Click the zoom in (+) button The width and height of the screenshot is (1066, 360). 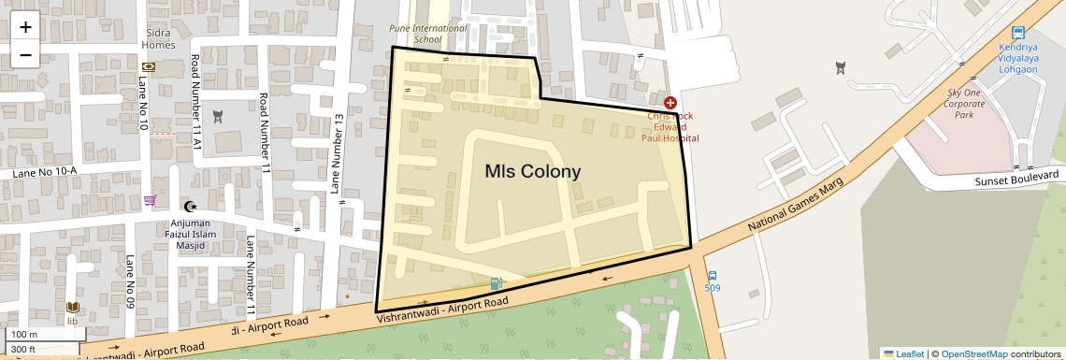click(25, 26)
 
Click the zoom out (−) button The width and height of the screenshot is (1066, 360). click(25, 54)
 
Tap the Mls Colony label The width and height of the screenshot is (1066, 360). click(532, 172)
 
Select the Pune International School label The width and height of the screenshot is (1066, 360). click(427, 34)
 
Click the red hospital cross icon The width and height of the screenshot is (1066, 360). click(670, 102)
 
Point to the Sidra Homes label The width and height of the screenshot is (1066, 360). click(158, 38)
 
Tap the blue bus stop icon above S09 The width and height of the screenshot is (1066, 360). click(713, 276)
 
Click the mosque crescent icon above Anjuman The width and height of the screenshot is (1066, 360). click(193, 206)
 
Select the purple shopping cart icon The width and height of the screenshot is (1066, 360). click(150, 200)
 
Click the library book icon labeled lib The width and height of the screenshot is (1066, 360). click(73, 308)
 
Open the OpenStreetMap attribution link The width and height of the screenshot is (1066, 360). click(973, 353)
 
